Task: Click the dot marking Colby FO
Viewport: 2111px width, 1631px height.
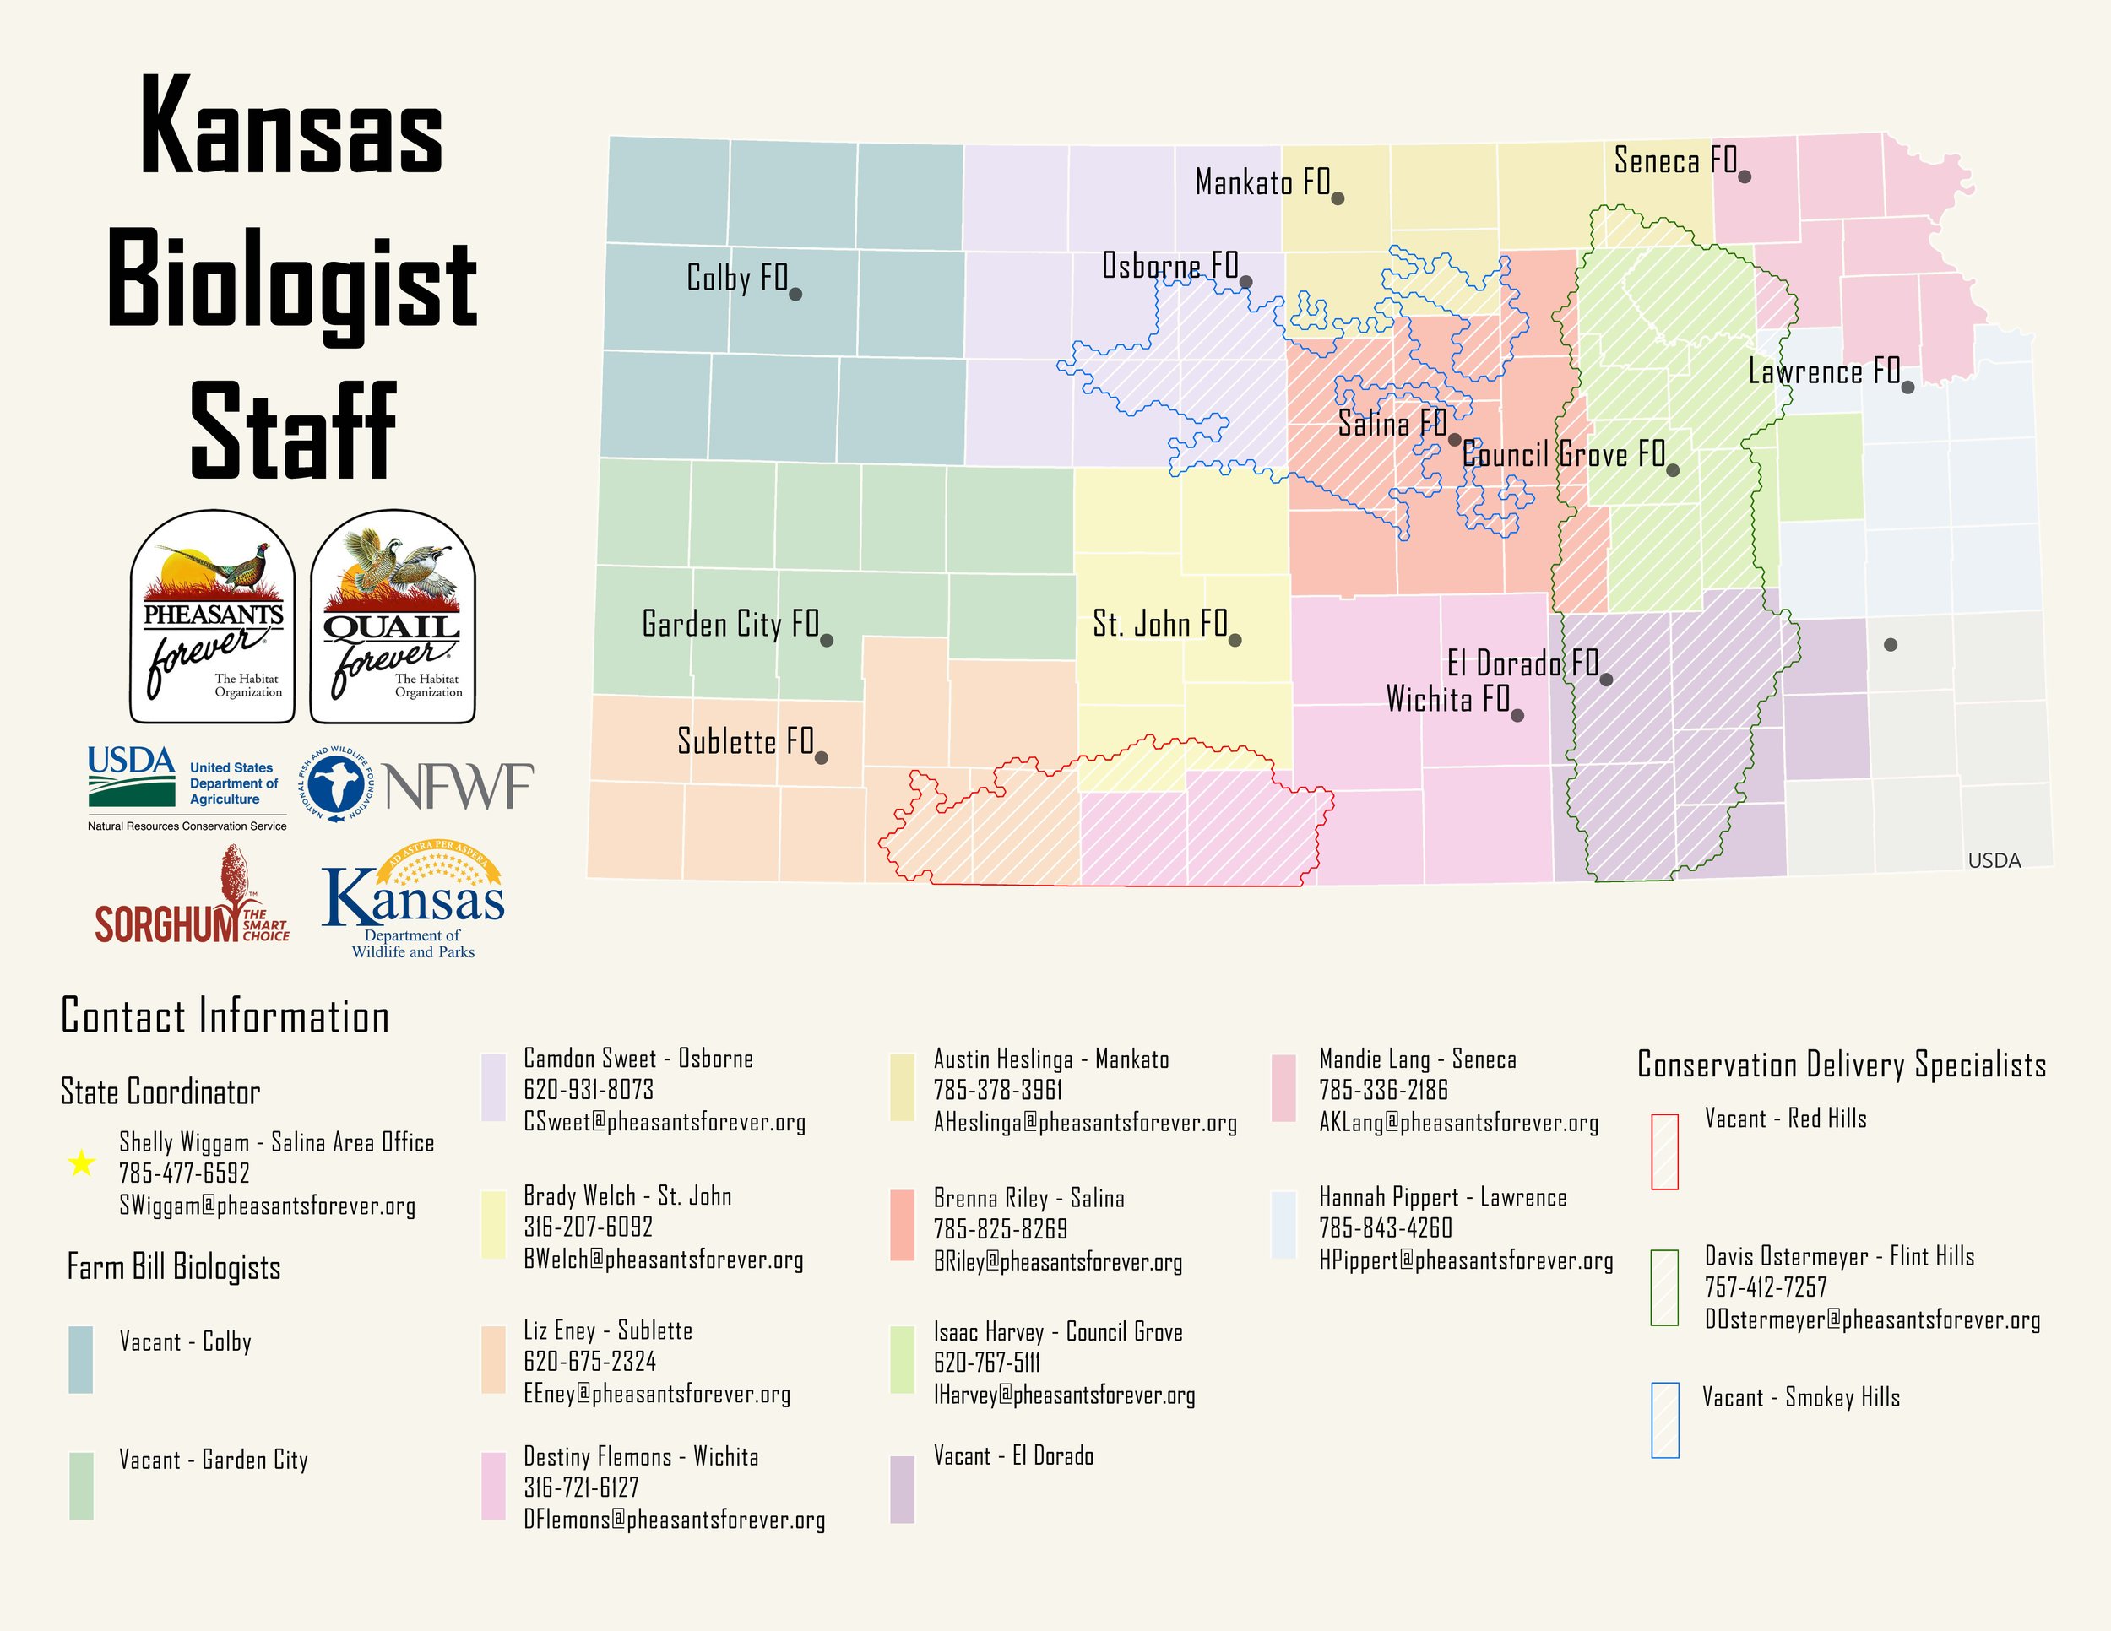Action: (x=795, y=294)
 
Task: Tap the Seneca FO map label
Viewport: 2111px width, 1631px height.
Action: (x=1675, y=160)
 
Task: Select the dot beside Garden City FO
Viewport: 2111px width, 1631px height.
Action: (x=827, y=640)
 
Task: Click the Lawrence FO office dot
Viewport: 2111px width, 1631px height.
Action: (x=1907, y=387)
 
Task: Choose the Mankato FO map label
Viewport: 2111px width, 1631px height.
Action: (x=1262, y=182)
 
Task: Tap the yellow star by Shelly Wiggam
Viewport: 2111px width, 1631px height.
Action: (x=82, y=1163)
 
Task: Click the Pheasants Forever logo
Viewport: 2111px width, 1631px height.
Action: (x=213, y=617)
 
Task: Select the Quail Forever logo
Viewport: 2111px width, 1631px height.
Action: (x=393, y=617)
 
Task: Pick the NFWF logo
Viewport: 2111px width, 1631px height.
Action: (x=415, y=784)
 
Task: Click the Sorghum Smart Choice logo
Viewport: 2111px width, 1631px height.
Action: (x=193, y=898)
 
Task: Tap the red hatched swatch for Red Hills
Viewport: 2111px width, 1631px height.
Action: (x=1664, y=1151)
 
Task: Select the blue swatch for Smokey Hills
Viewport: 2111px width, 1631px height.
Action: (x=1664, y=1419)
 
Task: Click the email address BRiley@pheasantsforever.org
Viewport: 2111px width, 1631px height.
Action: (x=1057, y=1262)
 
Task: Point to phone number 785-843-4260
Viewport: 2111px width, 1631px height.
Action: (x=1385, y=1228)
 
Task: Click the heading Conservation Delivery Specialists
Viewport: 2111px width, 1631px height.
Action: (x=1842, y=1065)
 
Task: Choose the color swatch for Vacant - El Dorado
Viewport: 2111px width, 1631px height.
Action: (x=902, y=1489)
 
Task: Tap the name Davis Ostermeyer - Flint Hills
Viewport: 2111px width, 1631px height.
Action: (x=1838, y=1256)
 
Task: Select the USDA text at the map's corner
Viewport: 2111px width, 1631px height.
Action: (x=1994, y=861)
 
